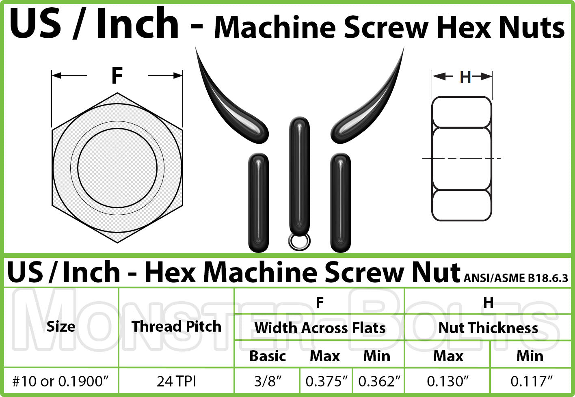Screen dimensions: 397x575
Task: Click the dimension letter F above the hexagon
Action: pyautogui.click(x=117, y=76)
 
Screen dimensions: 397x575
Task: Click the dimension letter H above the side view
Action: pyautogui.click(x=465, y=77)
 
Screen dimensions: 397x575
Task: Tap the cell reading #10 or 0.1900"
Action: pyautogui.click(x=61, y=381)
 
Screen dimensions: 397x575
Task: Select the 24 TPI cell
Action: pyautogui.click(x=176, y=381)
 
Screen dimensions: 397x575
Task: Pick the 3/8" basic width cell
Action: pyautogui.click(x=267, y=381)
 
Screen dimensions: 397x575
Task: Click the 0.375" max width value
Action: pyautogui.click(x=326, y=381)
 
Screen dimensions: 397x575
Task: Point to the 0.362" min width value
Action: pyautogui.click(x=379, y=381)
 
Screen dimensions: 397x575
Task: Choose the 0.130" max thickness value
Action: pyautogui.click(x=447, y=381)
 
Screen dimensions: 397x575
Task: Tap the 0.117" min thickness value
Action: pyautogui.click(x=531, y=381)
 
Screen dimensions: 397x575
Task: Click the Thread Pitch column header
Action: pyautogui.click(x=176, y=326)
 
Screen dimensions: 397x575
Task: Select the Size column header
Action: pyautogui.click(x=61, y=326)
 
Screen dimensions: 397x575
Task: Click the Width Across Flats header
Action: pyautogui.click(x=320, y=328)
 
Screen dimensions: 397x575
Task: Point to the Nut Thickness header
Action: pyautogui.click(x=488, y=328)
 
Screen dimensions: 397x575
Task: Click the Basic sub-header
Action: pyautogui.click(x=268, y=356)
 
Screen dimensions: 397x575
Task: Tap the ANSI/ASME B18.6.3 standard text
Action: pyautogui.click(x=515, y=278)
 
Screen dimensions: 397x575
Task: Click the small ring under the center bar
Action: pyautogui.click(x=299, y=242)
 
